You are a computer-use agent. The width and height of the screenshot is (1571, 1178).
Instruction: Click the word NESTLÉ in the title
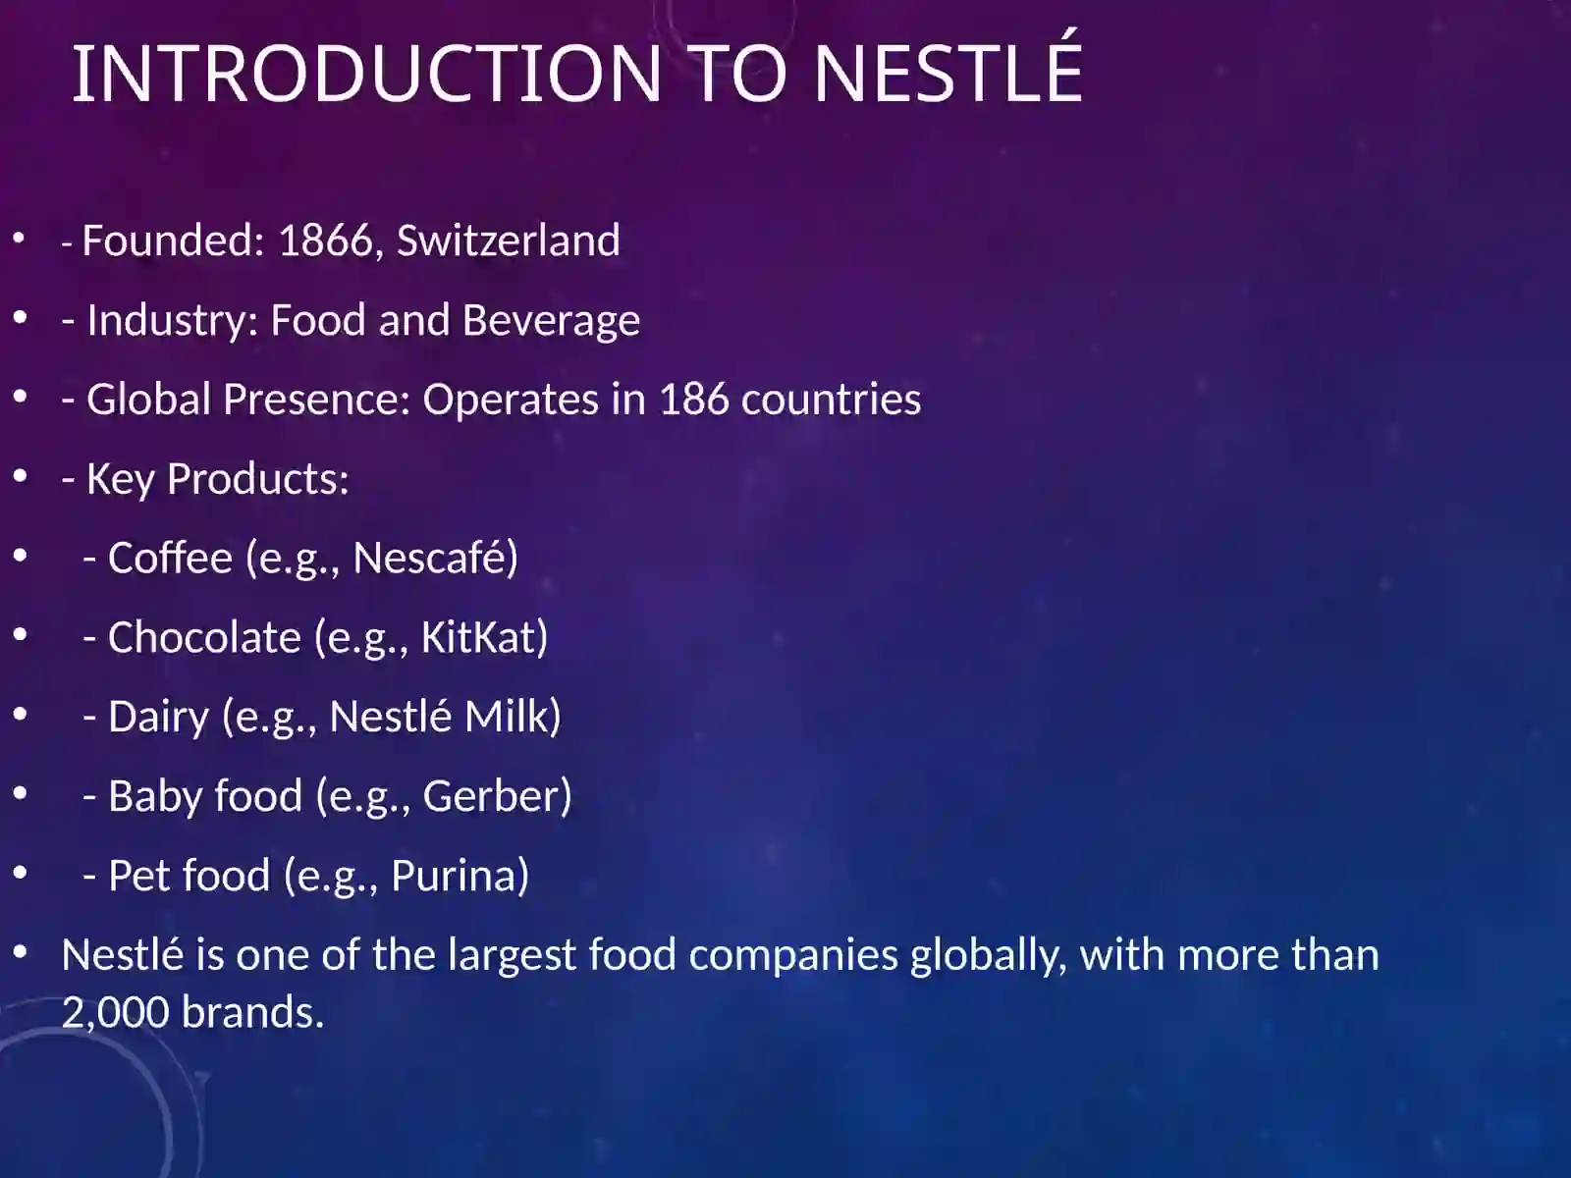948,73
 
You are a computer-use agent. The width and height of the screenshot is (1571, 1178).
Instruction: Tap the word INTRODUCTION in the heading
366,73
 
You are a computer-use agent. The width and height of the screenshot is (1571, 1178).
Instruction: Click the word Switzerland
508,241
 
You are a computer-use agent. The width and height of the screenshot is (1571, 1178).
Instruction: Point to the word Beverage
553,320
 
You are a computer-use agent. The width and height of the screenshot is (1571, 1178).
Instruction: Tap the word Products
257,479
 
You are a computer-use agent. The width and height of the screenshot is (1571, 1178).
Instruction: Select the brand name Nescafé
434,558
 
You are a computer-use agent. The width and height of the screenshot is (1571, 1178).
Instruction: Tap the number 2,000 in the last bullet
116,1012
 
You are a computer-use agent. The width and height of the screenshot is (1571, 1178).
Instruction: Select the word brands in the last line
252,1012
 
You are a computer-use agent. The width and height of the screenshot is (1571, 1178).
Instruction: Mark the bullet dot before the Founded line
20,238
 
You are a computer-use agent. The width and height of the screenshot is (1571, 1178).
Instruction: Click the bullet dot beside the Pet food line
20,873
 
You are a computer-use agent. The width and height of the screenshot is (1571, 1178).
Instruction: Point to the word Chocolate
204,637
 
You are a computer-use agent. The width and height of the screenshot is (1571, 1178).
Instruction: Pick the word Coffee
170,558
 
